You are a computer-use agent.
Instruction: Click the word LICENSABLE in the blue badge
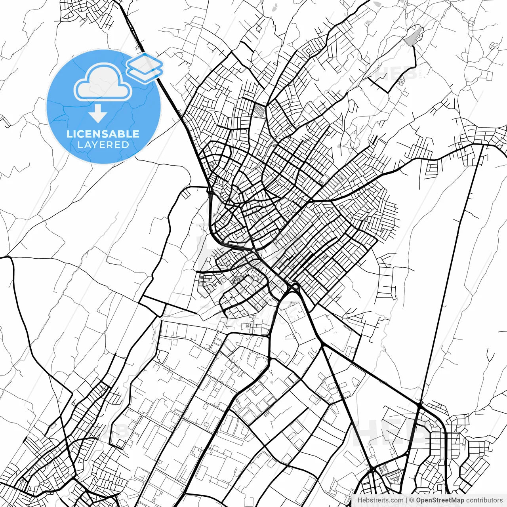click(103, 134)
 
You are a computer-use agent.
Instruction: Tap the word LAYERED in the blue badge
click(103, 145)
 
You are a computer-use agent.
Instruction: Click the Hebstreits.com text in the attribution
click(380, 500)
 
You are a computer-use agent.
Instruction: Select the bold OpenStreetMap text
click(440, 500)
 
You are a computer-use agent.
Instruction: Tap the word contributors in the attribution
click(484, 500)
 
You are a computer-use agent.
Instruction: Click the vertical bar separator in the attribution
click(406, 500)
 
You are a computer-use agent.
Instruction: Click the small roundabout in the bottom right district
click(408, 452)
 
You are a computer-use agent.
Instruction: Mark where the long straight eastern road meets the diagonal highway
click(419, 404)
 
